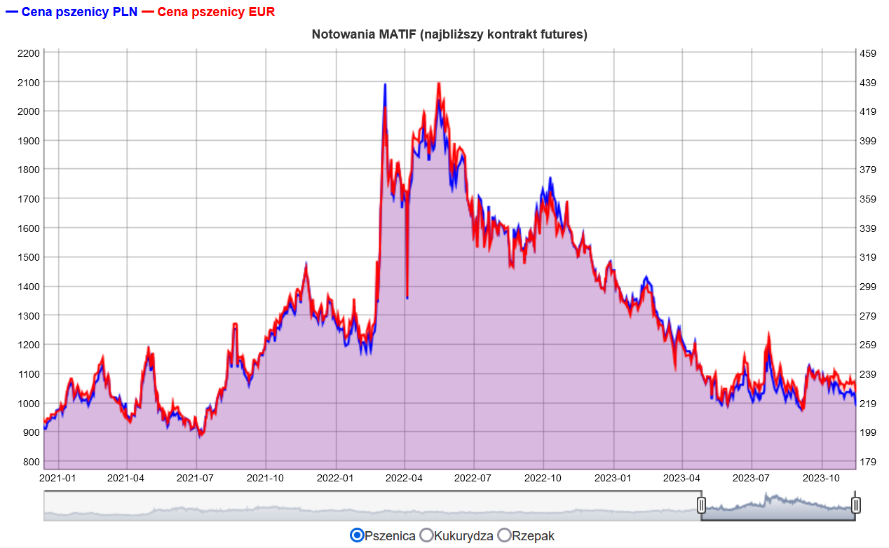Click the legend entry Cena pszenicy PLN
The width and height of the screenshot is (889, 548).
pyautogui.click(x=72, y=12)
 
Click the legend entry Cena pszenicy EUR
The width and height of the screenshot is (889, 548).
pyautogui.click(x=208, y=12)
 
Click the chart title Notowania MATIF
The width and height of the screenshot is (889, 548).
pyautogui.click(x=449, y=34)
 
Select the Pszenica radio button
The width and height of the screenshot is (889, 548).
pyautogui.click(x=357, y=535)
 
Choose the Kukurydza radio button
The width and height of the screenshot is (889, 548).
pyautogui.click(x=426, y=535)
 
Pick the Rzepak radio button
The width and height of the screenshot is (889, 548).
pyautogui.click(x=504, y=535)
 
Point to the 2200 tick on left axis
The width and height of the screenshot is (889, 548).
pyautogui.click(x=29, y=53)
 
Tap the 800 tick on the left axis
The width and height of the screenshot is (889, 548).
pyautogui.click(x=32, y=462)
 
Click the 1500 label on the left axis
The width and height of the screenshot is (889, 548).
pyautogui.click(x=29, y=257)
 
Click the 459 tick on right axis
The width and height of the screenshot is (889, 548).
pyautogui.click(x=868, y=53)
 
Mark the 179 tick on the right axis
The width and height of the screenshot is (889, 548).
pyautogui.click(x=868, y=462)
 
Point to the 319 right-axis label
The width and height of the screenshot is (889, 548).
pyautogui.click(x=868, y=257)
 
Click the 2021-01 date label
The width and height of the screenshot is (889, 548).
pyautogui.click(x=57, y=478)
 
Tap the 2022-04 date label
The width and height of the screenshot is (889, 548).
pyautogui.click(x=404, y=478)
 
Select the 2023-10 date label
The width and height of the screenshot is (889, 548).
pyautogui.click(x=821, y=478)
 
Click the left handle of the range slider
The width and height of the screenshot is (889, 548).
pyautogui.click(x=701, y=505)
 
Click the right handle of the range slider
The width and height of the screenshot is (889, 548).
pyautogui.click(x=856, y=505)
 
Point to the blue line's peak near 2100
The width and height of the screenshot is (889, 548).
pyautogui.click(x=385, y=84)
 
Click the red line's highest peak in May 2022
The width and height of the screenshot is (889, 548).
pyautogui.click(x=439, y=83)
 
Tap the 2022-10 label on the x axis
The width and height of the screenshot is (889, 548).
pyautogui.click(x=543, y=478)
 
